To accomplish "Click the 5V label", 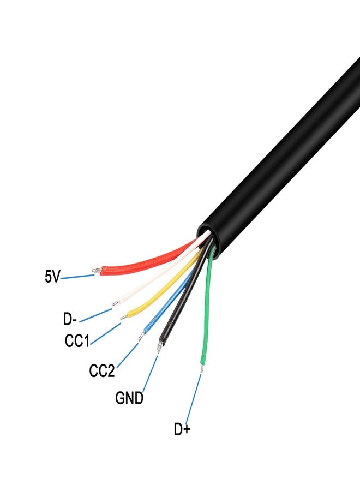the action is (52, 277).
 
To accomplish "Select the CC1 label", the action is (76, 342).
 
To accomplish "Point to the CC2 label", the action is (102, 372).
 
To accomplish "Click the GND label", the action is (129, 398).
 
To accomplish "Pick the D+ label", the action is (182, 430).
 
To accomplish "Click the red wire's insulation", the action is (147, 261).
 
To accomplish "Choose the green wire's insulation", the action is (206, 316).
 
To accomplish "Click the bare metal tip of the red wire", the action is (97, 270).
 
